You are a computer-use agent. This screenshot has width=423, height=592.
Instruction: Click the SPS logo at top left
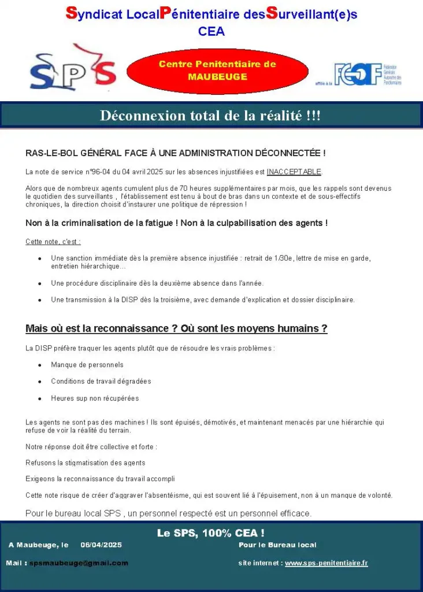[73, 70]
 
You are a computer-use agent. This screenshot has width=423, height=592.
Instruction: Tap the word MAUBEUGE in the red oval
[217, 76]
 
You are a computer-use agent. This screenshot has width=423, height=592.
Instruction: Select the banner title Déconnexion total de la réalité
[210, 116]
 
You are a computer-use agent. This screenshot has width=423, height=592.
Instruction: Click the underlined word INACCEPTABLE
[294, 172]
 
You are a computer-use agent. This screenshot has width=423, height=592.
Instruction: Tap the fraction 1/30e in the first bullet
[284, 258]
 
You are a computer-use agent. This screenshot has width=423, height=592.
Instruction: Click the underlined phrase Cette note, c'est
[53, 242]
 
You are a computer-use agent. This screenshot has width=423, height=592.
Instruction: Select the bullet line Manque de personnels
[87, 365]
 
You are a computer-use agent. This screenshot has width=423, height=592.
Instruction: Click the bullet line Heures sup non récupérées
[95, 398]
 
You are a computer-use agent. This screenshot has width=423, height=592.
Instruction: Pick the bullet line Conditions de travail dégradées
[101, 382]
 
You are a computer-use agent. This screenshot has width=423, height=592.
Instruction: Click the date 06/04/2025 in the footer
[101, 545]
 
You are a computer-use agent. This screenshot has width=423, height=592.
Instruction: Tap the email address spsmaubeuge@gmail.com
[79, 563]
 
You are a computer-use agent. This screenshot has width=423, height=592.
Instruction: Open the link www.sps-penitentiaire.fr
[326, 563]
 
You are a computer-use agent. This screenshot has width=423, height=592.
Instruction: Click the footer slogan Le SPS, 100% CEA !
[210, 533]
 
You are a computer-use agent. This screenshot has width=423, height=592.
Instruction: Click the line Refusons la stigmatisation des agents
[85, 463]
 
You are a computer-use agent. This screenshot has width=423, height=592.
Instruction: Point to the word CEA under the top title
[211, 32]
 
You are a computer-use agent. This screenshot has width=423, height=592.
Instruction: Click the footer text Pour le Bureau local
[277, 545]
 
